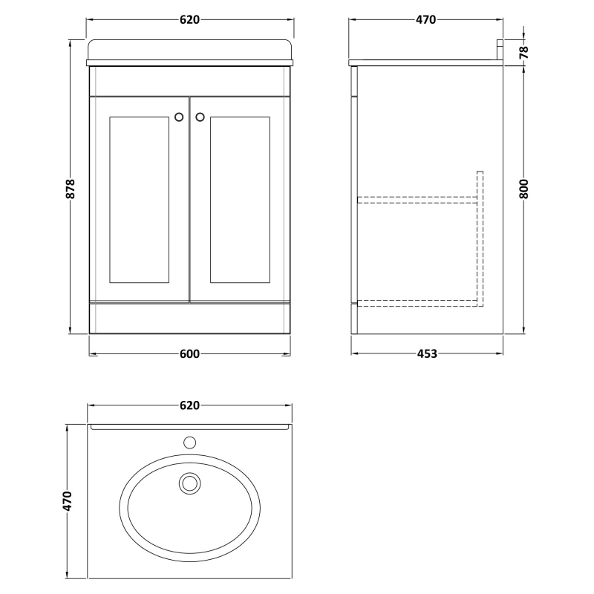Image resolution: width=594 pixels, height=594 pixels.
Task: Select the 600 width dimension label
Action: click(x=189, y=354)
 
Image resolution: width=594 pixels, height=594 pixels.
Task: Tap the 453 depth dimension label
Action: click(x=426, y=354)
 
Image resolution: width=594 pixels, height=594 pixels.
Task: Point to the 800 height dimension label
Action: click(x=525, y=189)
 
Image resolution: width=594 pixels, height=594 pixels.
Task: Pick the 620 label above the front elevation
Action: click(x=189, y=20)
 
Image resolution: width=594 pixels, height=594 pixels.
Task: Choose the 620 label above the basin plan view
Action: click(x=189, y=405)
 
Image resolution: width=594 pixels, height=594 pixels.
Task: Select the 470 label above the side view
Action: click(x=425, y=20)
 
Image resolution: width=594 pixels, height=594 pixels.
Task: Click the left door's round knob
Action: click(x=179, y=116)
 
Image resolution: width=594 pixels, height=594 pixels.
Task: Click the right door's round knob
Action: click(x=200, y=116)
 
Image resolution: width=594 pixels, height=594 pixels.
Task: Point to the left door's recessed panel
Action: click(x=139, y=199)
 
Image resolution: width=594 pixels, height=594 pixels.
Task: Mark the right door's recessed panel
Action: click(x=240, y=199)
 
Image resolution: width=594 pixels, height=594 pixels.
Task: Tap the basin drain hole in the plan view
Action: click(x=190, y=484)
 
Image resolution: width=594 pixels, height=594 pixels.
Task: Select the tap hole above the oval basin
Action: click(x=190, y=444)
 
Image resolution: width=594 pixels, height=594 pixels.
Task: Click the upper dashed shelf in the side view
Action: click(x=417, y=200)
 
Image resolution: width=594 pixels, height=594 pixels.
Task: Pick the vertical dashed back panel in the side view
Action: click(x=479, y=238)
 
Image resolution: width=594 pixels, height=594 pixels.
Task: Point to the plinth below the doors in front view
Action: click(x=189, y=317)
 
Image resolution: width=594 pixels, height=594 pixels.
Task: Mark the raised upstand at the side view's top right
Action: click(x=500, y=50)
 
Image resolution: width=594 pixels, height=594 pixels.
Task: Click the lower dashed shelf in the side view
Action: click(x=417, y=301)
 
